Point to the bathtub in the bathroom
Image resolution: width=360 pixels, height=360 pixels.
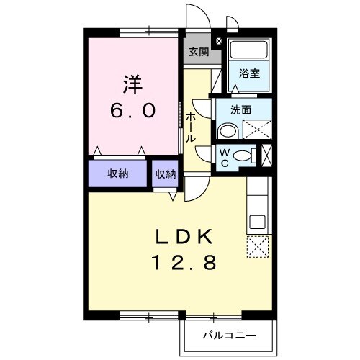click(x=248, y=51)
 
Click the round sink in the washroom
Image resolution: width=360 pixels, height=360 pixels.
click(x=227, y=130)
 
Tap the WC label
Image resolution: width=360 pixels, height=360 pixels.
click(x=224, y=157)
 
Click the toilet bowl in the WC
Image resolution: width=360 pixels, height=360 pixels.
click(x=245, y=155)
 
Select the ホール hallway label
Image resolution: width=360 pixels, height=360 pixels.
click(x=191, y=127)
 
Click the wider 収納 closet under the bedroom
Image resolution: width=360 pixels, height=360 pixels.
click(x=119, y=174)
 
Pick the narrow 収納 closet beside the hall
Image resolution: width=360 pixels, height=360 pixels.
click(x=165, y=174)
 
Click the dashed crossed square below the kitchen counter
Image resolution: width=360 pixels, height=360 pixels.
click(x=257, y=247)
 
